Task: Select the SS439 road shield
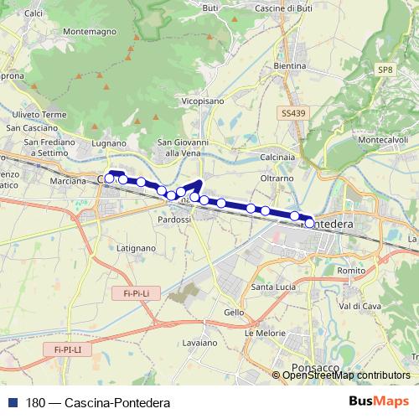(294, 112)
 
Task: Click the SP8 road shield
(385, 70)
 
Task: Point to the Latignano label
(136, 248)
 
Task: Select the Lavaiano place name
(199, 344)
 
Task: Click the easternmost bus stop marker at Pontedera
(309, 223)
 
